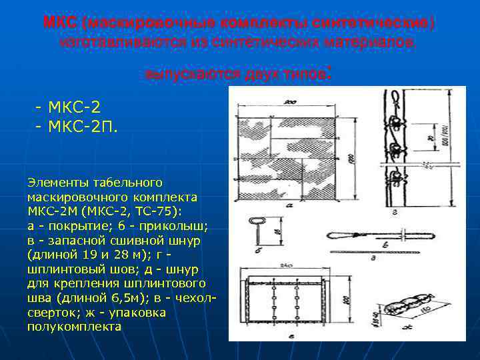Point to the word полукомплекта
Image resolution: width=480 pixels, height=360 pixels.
[75, 327]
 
